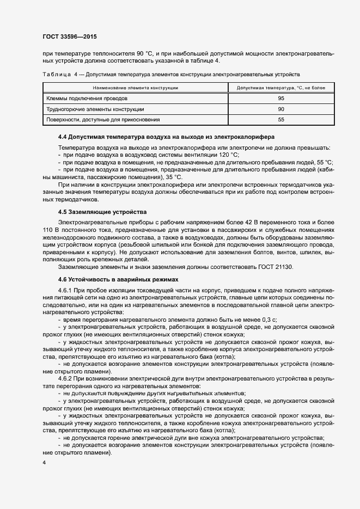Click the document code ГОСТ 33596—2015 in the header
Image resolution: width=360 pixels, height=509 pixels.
click(x=70, y=37)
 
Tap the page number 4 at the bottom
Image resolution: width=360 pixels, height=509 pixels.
click(x=44, y=462)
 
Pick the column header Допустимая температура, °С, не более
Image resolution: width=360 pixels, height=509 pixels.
click(x=281, y=87)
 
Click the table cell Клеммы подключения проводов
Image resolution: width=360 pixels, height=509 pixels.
click(x=87, y=99)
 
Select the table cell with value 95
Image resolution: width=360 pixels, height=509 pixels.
click(x=281, y=99)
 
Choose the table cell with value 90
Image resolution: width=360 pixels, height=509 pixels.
click(x=281, y=109)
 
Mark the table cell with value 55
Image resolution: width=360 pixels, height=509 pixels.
click(x=281, y=119)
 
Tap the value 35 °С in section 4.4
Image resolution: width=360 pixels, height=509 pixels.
click(x=174, y=177)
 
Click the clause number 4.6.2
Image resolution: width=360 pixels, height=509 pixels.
click(x=65, y=378)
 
